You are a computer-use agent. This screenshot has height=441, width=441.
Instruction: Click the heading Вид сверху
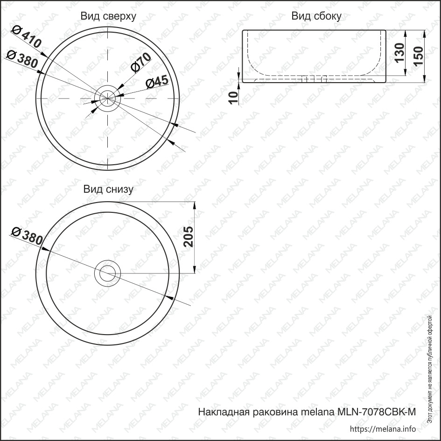108,16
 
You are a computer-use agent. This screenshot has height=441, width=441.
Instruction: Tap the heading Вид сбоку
316,16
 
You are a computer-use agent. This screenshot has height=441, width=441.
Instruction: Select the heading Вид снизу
108,189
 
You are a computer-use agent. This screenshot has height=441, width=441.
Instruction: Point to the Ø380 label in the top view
22,59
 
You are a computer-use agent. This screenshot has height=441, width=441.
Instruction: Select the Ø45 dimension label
157,82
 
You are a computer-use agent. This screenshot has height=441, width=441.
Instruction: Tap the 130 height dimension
399,53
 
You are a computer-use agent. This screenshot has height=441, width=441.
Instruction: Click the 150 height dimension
419,56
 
